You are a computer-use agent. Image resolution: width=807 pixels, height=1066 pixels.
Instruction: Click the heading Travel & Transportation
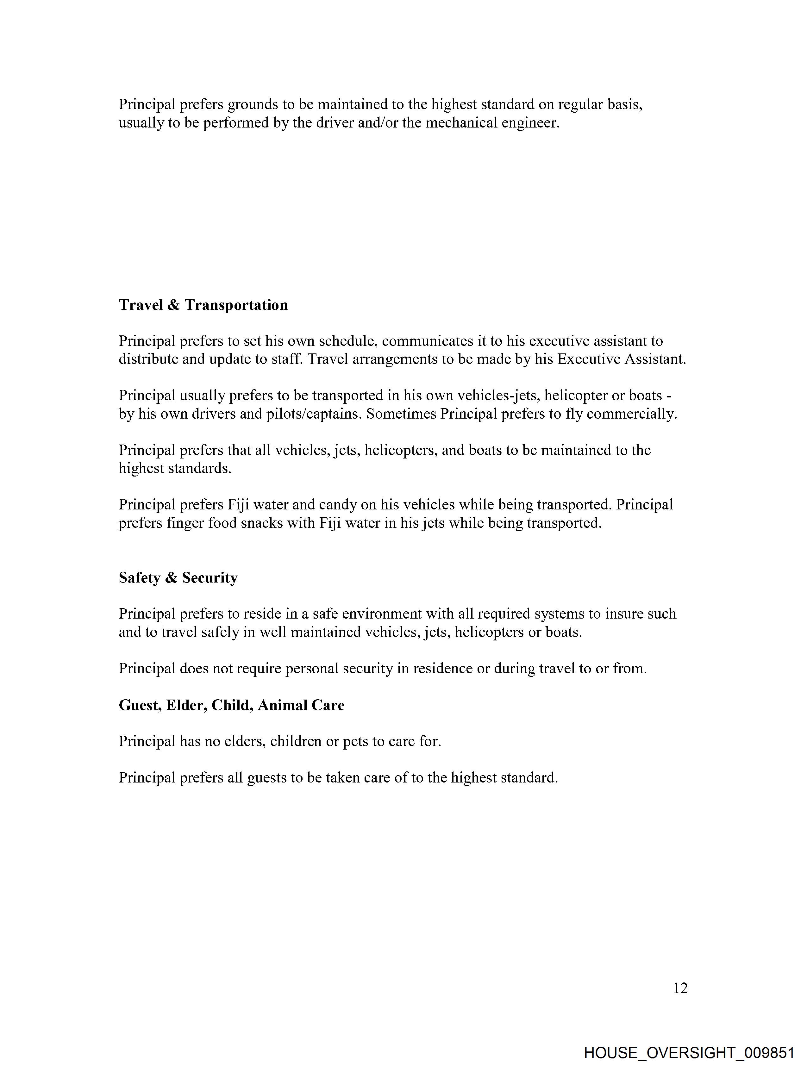(x=203, y=305)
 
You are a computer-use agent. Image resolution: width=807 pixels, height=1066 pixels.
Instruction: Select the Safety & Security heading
(x=178, y=577)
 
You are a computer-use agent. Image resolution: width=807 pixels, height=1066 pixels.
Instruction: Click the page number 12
(x=680, y=988)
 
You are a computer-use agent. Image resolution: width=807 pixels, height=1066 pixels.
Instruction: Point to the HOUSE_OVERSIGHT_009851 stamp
(x=689, y=1052)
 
